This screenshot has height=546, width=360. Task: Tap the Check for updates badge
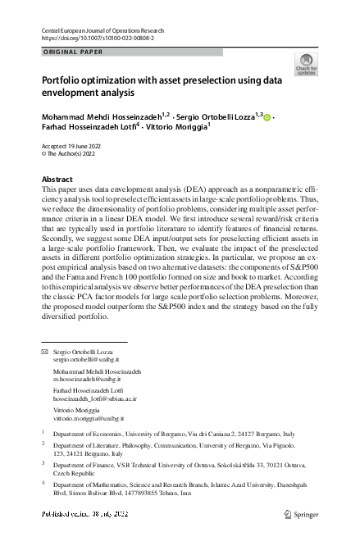coord(306,66)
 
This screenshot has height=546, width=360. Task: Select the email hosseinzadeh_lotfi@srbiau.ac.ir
coord(94,398)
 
